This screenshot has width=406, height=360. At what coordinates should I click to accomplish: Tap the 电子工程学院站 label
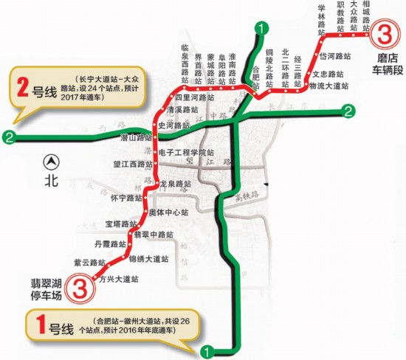click(x=186, y=153)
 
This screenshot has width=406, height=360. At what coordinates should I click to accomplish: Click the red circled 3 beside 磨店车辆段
click(x=385, y=33)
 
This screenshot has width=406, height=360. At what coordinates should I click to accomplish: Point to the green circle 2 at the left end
click(x=8, y=136)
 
